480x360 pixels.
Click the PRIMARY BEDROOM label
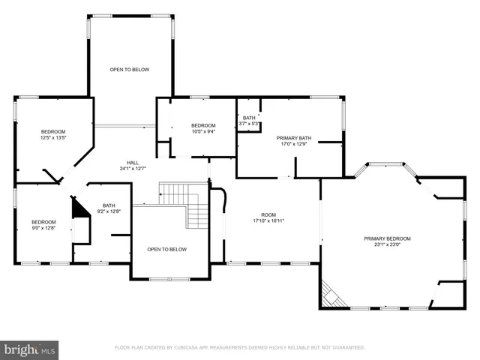pyautogui.click(x=387, y=238)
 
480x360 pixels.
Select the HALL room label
pyautogui.click(x=133, y=163)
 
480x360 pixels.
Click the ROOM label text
pyautogui.click(x=268, y=214)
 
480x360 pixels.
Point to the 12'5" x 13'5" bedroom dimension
pyautogui.click(x=53, y=138)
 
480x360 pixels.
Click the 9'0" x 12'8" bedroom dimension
pyautogui.click(x=43, y=228)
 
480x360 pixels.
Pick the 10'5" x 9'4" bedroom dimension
pyautogui.click(x=202, y=131)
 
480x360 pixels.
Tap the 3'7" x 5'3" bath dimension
pyautogui.click(x=249, y=124)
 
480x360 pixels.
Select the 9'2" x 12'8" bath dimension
pyautogui.click(x=109, y=212)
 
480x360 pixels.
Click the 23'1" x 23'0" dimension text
pyautogui.click(x=387, y=245)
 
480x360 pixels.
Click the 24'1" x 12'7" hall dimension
pyautogui.click(x=133, y=169)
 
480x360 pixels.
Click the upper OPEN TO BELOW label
pyautogui.click(x=130, y=70)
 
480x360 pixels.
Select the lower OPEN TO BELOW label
pyautogui.click(x=166, y=250)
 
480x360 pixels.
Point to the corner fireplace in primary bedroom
pyautogui.click(x=331, y=295)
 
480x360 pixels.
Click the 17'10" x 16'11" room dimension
pyautogui.click(x=268, y=221)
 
